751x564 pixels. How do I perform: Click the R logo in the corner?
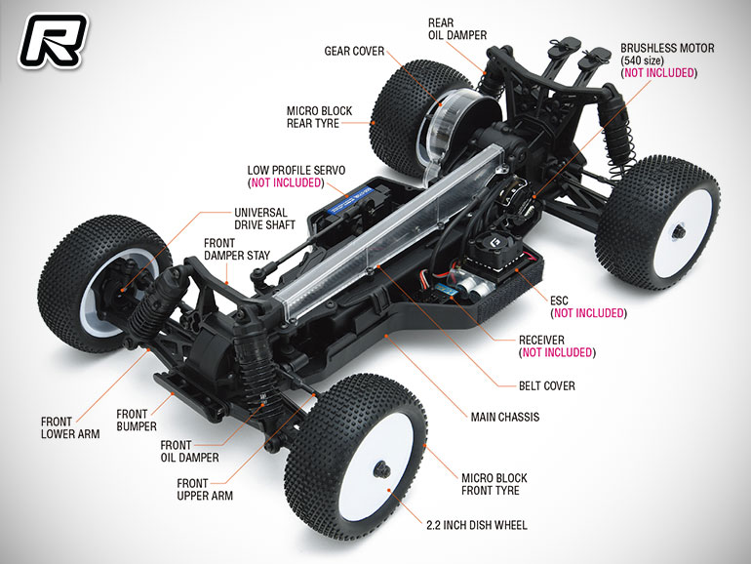[x=53, y=41]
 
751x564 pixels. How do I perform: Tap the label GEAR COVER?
[x=354, y=52]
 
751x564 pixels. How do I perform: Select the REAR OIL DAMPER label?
[x=456, y=28]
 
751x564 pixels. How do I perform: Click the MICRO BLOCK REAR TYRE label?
[x=319, y=117]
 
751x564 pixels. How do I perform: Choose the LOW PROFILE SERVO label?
[x=296, y=170]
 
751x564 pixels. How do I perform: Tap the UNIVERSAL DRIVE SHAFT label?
[x=264, y=219]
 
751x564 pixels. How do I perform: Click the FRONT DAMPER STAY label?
[x=237, y=249]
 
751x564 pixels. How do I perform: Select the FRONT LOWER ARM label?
[x=70, y=428]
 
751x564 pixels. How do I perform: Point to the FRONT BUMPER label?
[x=137, y=420]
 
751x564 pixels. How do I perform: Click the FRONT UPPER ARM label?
[x=205, y=489]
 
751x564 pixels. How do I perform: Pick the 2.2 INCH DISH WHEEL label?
[x=477, y=525]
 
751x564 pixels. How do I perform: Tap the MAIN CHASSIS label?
[x=505, y=417]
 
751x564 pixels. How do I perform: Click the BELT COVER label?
[x=547, y=385]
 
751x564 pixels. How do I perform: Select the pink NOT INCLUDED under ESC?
[x=589, y=313]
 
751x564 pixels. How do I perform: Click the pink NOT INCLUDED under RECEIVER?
[x=557, y=352]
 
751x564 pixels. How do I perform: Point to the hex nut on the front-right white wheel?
[x=381, y=469]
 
